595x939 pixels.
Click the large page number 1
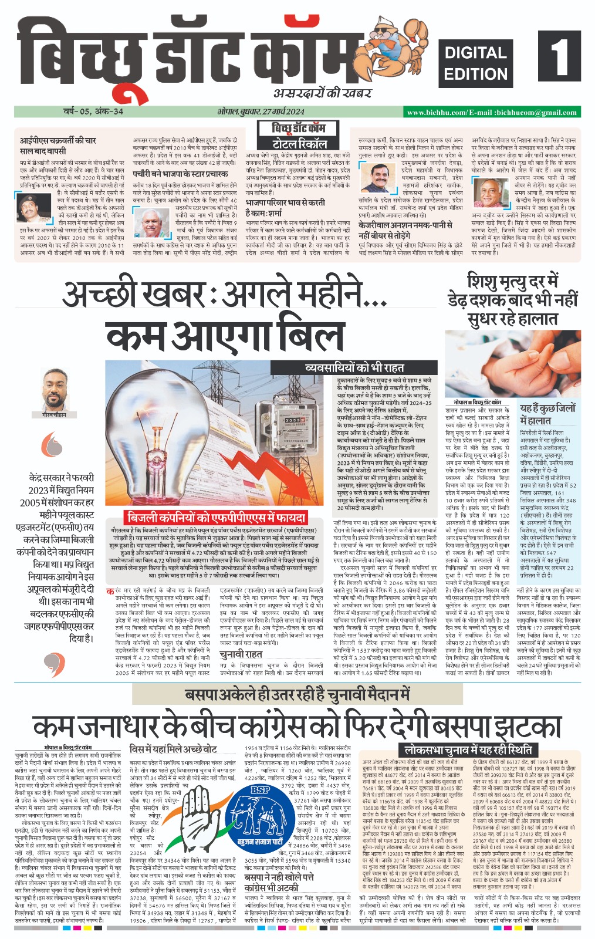[x=558, y=56]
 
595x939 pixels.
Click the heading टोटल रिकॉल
[x=299, y=144]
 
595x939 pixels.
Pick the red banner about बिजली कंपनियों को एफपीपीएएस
[x=217, y=517]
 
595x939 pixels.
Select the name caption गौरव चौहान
[x=55, y=415]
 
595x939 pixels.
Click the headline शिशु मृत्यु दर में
[x=512, y=282]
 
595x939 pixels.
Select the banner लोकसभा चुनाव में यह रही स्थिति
[x=468, y=749]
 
